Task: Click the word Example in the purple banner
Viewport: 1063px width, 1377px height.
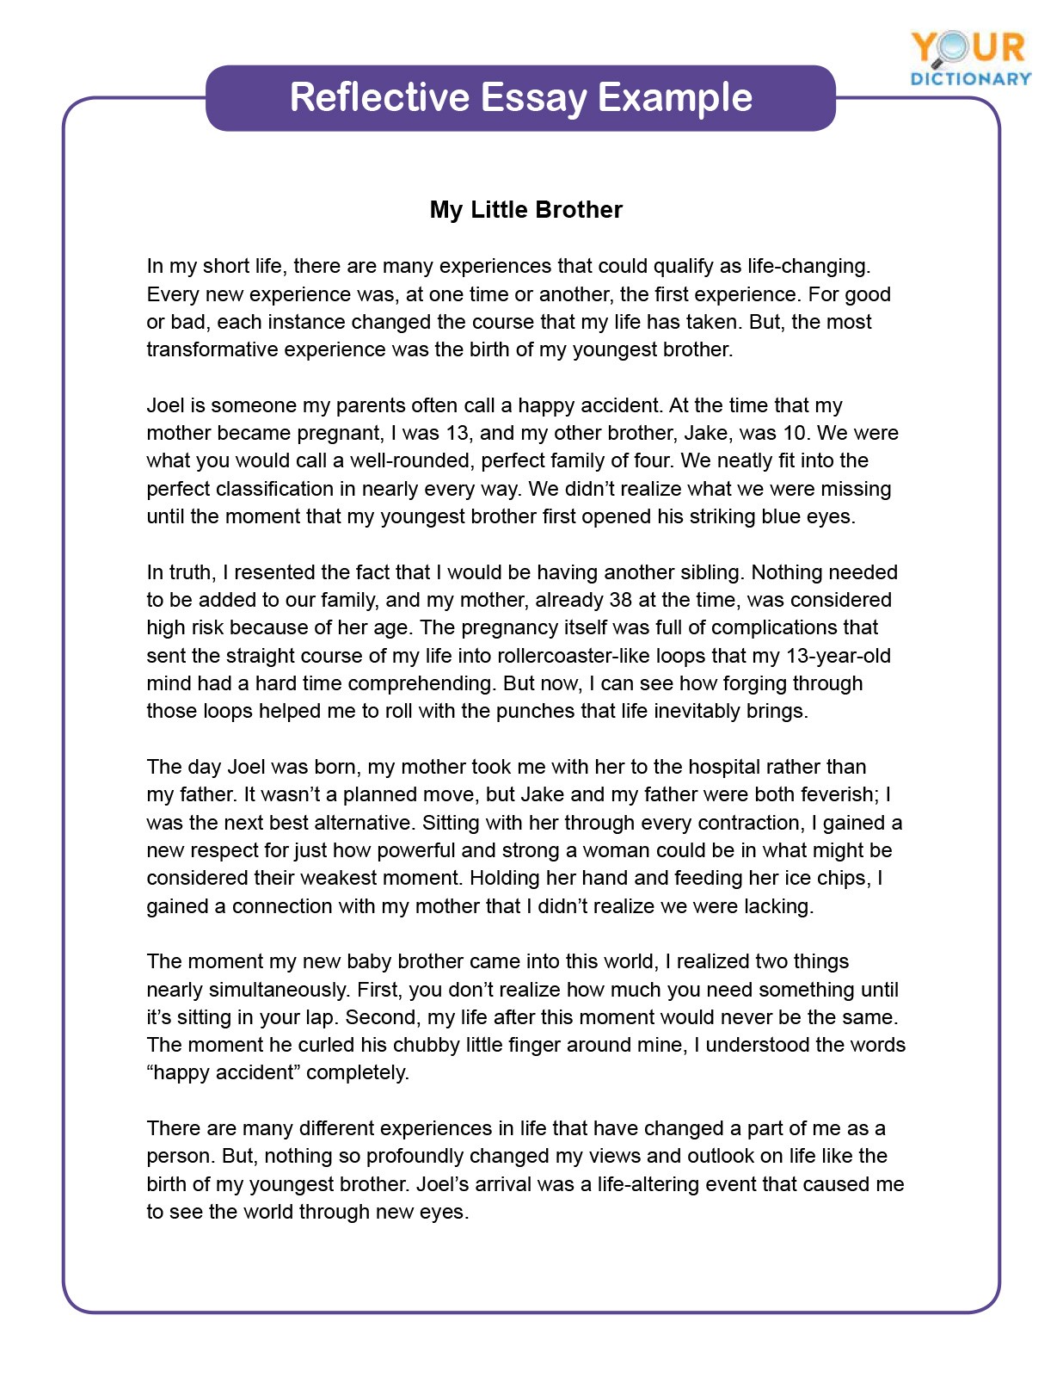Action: coord(674,97)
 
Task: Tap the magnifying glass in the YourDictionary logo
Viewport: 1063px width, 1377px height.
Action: coord(953,48)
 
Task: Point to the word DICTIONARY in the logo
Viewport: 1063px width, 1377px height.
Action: coord(971,78)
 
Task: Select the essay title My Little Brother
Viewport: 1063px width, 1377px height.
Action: coord(525,210)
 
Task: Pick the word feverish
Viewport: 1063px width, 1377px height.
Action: coord(838,794)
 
